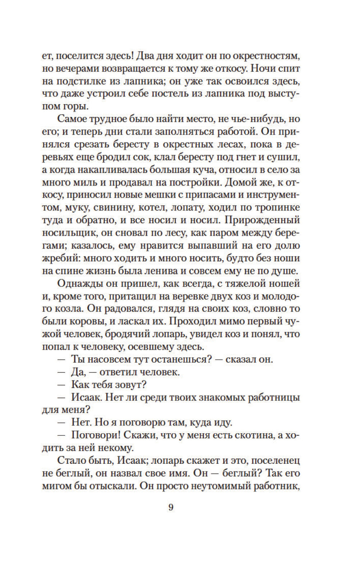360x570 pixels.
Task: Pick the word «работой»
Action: tap(233, 132)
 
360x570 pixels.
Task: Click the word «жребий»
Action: tap(58, 258)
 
